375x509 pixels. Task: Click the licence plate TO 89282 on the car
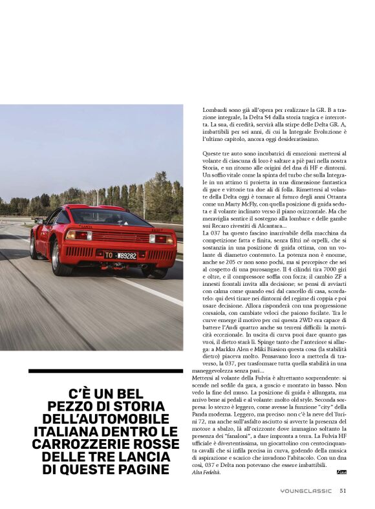point(121,255)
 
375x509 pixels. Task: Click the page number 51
point(344,490)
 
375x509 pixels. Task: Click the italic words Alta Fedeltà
point(206,473)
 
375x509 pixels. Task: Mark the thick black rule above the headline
point(106,371)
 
